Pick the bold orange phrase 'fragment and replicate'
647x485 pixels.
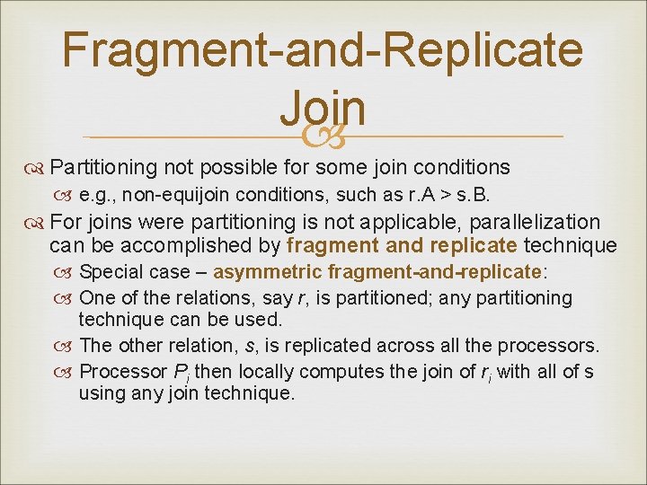(402, 245)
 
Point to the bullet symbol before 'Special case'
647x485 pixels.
(67, 272)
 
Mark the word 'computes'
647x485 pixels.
(342, 371)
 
